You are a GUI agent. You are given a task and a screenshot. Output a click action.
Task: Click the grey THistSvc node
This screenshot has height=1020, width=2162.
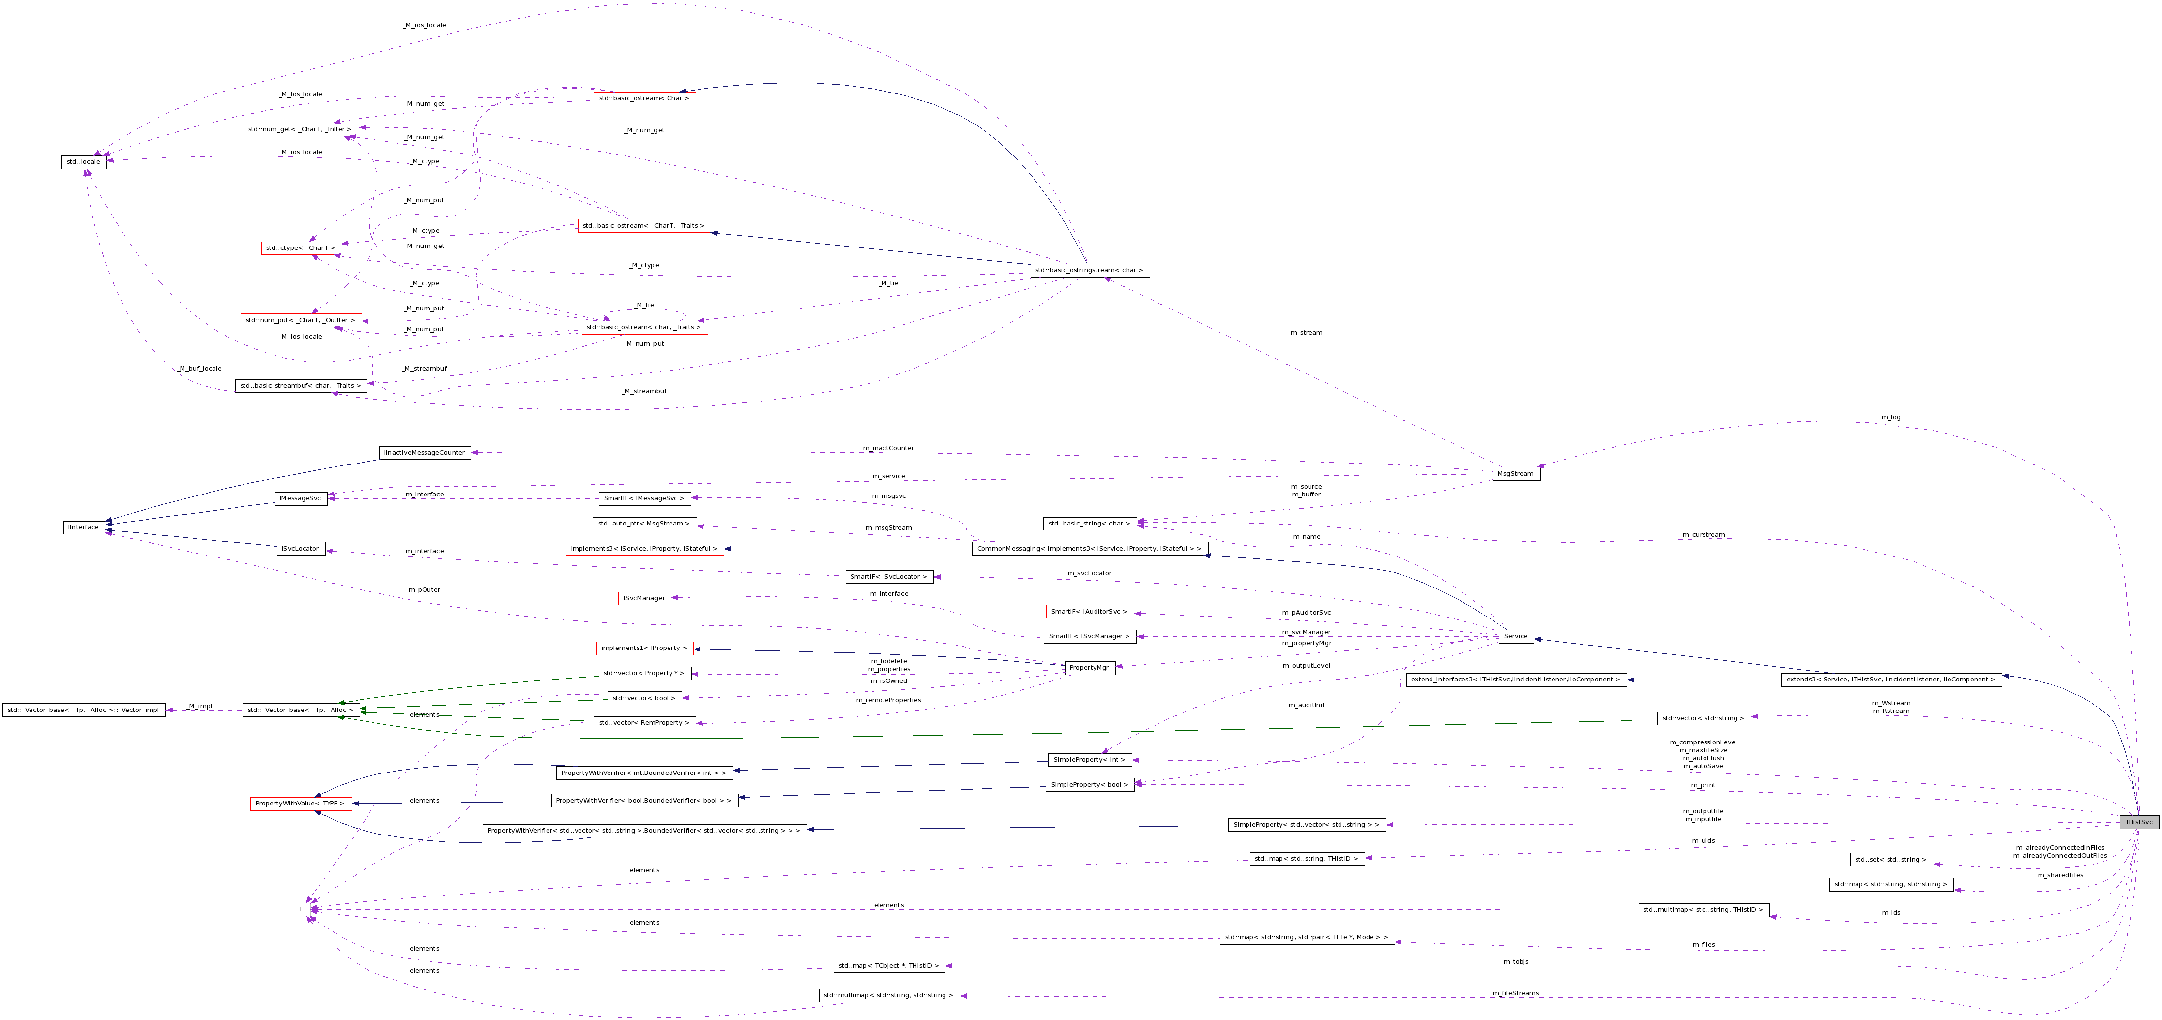pyautogui.click(x=2138, y=822)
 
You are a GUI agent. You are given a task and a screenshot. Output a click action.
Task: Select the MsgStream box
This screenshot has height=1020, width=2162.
pyautogui.click(x=1516, y=473)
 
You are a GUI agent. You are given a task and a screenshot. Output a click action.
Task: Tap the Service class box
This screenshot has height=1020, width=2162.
pyautogui.click(x=1516, y=636)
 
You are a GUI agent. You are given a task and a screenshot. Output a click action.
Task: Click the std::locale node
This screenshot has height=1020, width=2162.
pyautogui.click(x=84, y=162)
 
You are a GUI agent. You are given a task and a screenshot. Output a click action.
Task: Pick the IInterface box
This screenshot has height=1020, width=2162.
pyautogui.click(x=84, y=527)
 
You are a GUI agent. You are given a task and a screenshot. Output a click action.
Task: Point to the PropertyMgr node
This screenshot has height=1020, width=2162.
pyautogui.click(x=1090, y=667)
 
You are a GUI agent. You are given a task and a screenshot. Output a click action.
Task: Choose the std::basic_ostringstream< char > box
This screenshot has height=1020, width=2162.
pyautogui.click(x=1090, y=270)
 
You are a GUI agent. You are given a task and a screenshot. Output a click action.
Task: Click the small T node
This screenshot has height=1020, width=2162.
pyautogui.click(x=301, y=909)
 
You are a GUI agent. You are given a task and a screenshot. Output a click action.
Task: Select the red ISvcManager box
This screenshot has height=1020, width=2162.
pyautogui.click(x=644, y=599)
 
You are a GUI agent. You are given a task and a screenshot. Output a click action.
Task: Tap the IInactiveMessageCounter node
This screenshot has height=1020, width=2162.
pyautogui.click(x=425, y=453)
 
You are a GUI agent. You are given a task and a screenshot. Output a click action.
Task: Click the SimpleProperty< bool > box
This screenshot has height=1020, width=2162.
pyautogui.click(x=1090, y=784)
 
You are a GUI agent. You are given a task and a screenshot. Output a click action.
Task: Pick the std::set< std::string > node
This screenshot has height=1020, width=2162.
pyautogui.click(x=1891, y=860)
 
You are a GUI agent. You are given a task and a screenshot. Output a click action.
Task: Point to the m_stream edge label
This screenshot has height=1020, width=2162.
pyautogui.click(x=1306, y=333)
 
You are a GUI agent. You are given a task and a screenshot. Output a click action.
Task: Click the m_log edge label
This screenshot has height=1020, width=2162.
pyautogui.click(x=1890, y=417)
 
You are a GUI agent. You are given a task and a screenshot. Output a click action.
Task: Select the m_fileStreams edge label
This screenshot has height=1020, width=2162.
pyautogui.click(x=1515, y=993)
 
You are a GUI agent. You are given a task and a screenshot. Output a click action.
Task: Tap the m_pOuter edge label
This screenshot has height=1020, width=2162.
pyautogui.click(x=424, y=589)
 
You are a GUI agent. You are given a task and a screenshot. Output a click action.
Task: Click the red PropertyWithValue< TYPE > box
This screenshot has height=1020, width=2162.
pyautogui.click(x=300, y=804)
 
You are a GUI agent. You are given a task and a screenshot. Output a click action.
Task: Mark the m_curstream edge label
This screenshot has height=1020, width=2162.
pyautogui.click(x=1703, y=535)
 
